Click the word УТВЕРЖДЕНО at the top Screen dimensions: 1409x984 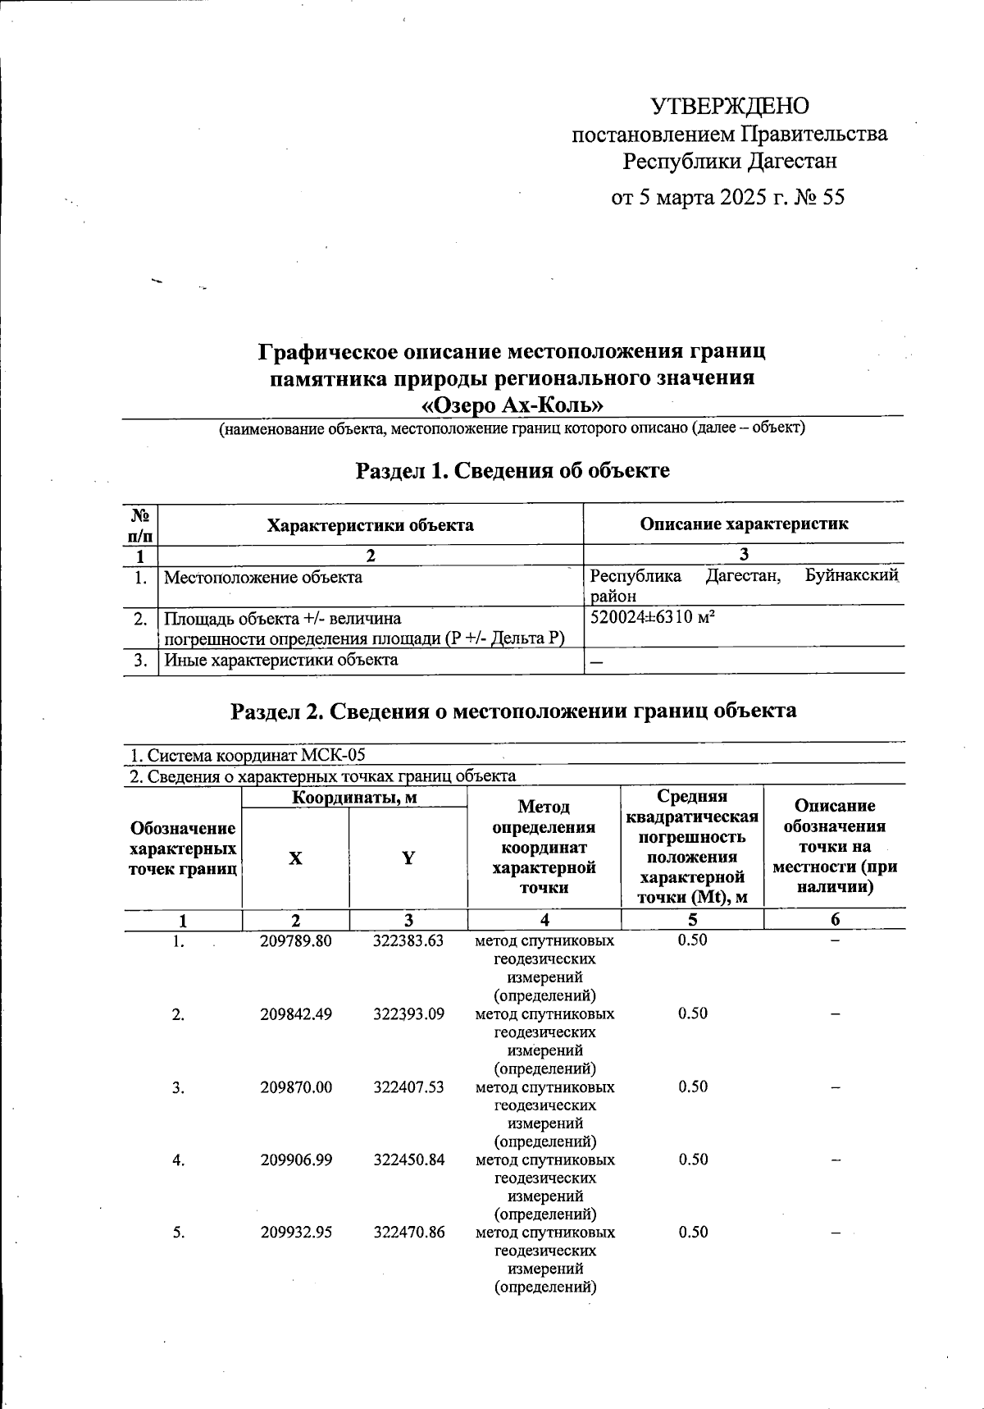click(729, 107)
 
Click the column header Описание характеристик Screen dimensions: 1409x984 click(744, 524)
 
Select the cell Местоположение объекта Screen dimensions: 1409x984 click(263, 577)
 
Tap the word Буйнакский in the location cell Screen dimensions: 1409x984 click(852, 575)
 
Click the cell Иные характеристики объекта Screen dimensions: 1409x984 click(280, 660)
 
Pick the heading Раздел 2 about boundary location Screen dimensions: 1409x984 click(513, 711)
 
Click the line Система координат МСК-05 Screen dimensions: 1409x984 click(248, 755)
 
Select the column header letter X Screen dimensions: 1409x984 click(295, 858)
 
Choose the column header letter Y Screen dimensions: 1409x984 click(408, 858)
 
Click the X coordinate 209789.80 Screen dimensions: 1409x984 click(296, 941)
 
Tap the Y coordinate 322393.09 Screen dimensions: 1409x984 click(408, 1013)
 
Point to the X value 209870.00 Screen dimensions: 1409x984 click(296, 1086)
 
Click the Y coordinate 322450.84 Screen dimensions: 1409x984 click(408, 1160)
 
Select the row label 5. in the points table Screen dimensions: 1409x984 click(179, 1233)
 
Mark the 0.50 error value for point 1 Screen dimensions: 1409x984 click(692, 940)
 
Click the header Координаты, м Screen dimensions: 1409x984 click(354, 797)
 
